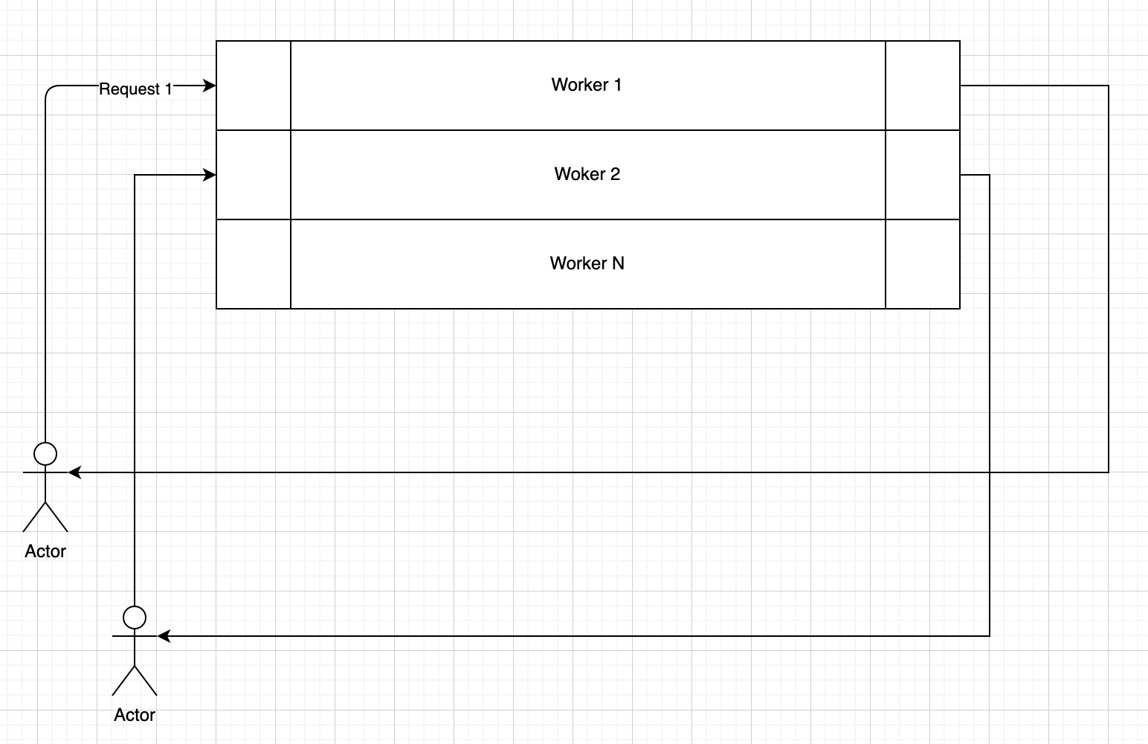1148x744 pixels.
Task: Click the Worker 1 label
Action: (586, 85)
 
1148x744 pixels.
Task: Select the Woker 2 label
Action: (587, 174)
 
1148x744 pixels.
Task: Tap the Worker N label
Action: (587, 263)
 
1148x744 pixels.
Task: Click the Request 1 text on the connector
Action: (135, 89)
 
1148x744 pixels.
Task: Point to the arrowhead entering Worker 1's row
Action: (210, 86)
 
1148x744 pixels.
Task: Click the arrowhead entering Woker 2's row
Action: (210, 176)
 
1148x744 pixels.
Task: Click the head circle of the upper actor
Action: (45, 453)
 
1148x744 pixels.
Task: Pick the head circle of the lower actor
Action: (135, 617)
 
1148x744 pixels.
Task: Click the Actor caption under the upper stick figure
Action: (45, 551)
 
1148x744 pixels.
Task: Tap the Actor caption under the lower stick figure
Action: (135, 715)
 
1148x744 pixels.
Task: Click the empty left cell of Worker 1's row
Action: (254, 86)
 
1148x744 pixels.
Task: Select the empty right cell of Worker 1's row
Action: (923, 86)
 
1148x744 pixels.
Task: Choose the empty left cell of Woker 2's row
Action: (254, 175)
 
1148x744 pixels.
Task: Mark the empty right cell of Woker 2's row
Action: (923, 175)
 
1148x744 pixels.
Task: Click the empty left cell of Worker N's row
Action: (254, 264)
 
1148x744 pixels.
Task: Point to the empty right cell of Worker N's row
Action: (923, 264)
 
